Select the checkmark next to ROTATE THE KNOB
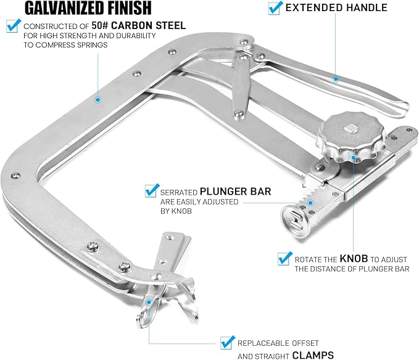(x=284, y=258)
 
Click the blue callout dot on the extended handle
(x=336, y=78)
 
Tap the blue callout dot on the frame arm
(x=97, y=99)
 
